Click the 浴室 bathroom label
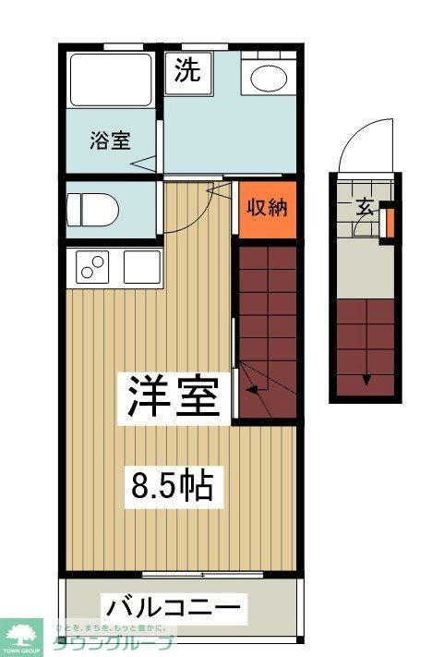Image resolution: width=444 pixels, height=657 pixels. point(110,140)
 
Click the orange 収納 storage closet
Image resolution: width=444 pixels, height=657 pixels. point(268,208)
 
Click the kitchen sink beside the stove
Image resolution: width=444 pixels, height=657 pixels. point(140,267)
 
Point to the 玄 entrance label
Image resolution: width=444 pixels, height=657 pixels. point(365,206)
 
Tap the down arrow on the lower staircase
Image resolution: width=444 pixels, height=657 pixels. point(366,377)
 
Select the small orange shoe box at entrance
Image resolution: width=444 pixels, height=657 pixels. point(389,222)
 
